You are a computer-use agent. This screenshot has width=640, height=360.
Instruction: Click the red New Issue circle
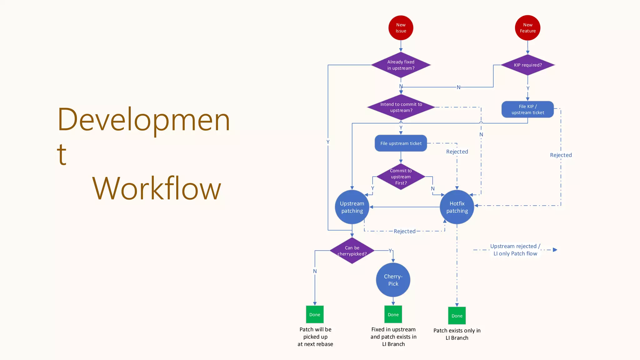[401, 28]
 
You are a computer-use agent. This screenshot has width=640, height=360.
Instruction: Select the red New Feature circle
[527, 28]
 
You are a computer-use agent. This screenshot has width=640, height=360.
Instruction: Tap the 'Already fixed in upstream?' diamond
[401, 65]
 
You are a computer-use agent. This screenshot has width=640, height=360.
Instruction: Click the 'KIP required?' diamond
[527, 65]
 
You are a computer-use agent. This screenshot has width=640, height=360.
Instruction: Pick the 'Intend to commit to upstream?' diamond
[401, 107]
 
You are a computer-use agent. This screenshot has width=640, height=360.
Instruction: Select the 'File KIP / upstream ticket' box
[527, 109]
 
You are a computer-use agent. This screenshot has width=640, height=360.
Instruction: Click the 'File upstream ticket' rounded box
[401, 143]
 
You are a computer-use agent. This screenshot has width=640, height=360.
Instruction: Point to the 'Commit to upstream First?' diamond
[401, 177]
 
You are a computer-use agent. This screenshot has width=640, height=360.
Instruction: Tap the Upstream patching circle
[352, 207]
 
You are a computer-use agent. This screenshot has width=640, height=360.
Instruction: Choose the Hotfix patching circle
[457, 207]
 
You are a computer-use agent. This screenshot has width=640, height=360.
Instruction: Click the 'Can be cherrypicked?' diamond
[352, 251]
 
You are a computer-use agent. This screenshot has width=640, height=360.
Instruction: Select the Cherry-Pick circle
[393, 280]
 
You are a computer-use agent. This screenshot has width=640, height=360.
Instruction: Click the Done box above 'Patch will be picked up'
[315, 315]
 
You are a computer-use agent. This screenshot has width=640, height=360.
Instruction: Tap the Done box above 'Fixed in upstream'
[393, 315]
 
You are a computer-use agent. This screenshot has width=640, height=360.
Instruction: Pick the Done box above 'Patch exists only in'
[457, 316]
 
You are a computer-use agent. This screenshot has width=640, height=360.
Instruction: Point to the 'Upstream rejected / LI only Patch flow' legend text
[515, 250]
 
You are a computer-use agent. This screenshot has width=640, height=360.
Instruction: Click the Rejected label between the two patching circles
[404, 231]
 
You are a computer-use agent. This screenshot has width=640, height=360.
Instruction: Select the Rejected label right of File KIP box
[561, 155]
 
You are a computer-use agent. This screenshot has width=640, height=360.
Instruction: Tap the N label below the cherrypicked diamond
[315, 271]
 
